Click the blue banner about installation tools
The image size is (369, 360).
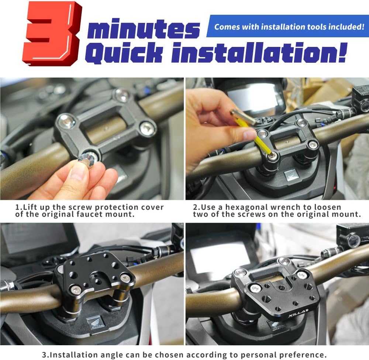click(287, 26)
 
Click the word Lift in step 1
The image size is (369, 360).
click(30, 207)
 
